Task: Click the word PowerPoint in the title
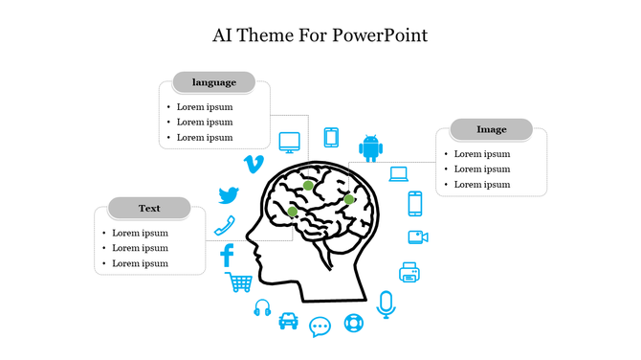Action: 381,35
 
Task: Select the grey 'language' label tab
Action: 213,82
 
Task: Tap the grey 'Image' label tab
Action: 492,129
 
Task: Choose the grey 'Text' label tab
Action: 149,208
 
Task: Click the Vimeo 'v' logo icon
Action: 254,164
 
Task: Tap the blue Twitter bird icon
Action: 228,195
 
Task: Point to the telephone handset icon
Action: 225,226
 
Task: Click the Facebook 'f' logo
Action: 228,256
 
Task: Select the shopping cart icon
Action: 239,282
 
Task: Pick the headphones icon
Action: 262,308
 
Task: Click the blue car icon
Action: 288,320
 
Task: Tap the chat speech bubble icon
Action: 320,326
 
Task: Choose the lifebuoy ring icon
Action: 354,322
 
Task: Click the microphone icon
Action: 386,304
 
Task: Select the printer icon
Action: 409,272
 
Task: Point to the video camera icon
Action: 417,237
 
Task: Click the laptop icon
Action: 398,174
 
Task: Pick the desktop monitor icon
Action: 290,143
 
